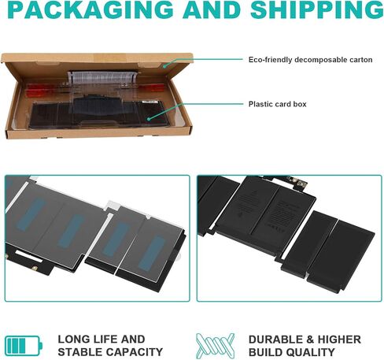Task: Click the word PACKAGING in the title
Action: pos(90,10)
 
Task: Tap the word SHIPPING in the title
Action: pos(317,10)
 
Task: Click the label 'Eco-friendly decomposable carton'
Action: pos(311,60)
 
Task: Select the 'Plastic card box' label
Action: pos(278,104)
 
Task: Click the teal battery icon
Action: pos(24,346)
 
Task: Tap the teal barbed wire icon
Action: pos(216,345)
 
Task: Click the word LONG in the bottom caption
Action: pos(73,340)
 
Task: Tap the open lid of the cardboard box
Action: pos(98,58)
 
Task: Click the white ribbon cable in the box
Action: pos(102,77)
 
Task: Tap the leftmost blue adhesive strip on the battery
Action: pos(31,214)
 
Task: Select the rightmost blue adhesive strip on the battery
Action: pos(151,254)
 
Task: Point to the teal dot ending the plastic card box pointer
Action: pos(149,119)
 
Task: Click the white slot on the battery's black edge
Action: pos(28,255)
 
